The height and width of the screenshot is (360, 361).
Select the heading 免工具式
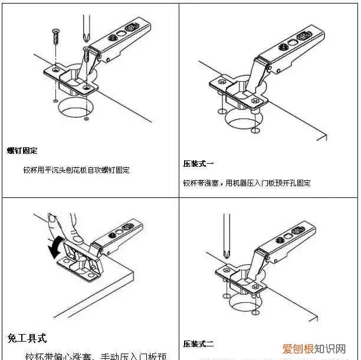(x=27, y=338)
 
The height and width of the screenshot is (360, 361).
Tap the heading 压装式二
(x=198, y=344)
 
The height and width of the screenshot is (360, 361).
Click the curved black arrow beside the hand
(x=54, y=246)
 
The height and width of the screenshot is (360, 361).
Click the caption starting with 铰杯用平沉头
(x=76, y=170)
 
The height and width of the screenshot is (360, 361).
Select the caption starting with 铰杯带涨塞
(x=247, y=183)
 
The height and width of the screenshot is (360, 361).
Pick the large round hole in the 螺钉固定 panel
(x=77, y=108)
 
